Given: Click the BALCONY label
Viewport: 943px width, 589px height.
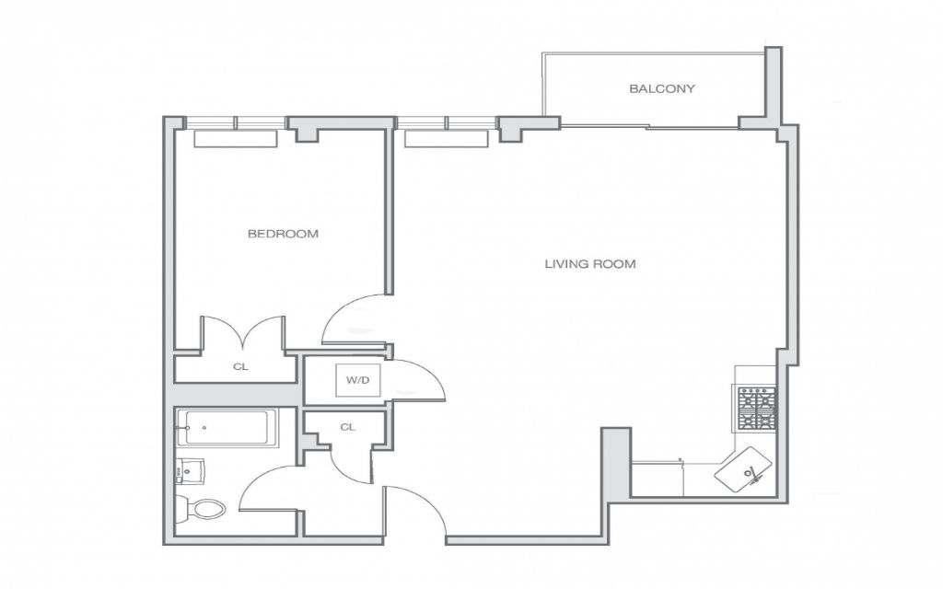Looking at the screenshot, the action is coord(661,89).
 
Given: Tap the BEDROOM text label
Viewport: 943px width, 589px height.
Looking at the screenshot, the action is coord(283,234).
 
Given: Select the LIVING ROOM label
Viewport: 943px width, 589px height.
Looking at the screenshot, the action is coord(590,264).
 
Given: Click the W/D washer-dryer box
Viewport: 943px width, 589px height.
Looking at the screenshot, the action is coord(358,380).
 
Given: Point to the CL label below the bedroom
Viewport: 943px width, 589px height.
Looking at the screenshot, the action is coord(240,366).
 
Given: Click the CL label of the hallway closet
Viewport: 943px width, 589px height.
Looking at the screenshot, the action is coord(347,427).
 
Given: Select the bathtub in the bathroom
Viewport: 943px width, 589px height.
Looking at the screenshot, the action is coord(227,427).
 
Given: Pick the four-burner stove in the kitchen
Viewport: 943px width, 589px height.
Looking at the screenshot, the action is coord(756,409).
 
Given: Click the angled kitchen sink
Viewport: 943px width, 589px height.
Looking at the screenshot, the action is coord(743,467).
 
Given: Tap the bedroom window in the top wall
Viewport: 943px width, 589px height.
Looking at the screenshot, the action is coord(235,122).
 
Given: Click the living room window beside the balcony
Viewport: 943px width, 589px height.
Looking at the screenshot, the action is coord(447,122).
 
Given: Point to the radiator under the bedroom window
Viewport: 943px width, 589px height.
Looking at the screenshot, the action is coord(235,139).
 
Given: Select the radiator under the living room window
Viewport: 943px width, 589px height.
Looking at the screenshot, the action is coord(447,139).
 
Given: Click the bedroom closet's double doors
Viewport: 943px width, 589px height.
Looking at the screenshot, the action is coord(243,331).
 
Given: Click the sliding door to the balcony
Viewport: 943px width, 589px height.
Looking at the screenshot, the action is coord(649,127).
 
